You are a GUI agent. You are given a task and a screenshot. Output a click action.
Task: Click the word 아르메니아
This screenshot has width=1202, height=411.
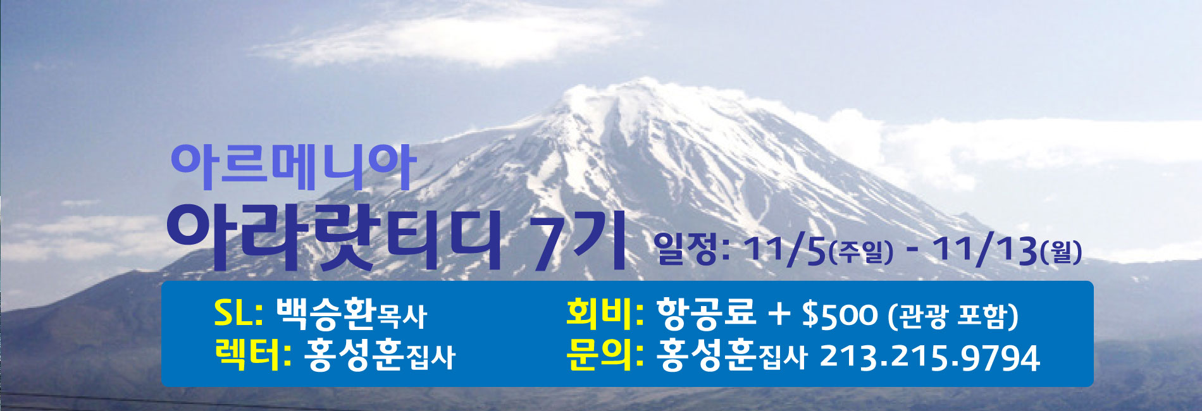tap(293, 168)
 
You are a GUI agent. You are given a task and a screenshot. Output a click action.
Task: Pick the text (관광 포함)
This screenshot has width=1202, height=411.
tap(953, 316)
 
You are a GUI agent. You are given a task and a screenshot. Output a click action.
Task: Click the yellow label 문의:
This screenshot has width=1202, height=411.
tap(605, 355)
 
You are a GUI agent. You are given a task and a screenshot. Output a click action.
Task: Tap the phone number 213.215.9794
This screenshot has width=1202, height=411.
tap(929, 357)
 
